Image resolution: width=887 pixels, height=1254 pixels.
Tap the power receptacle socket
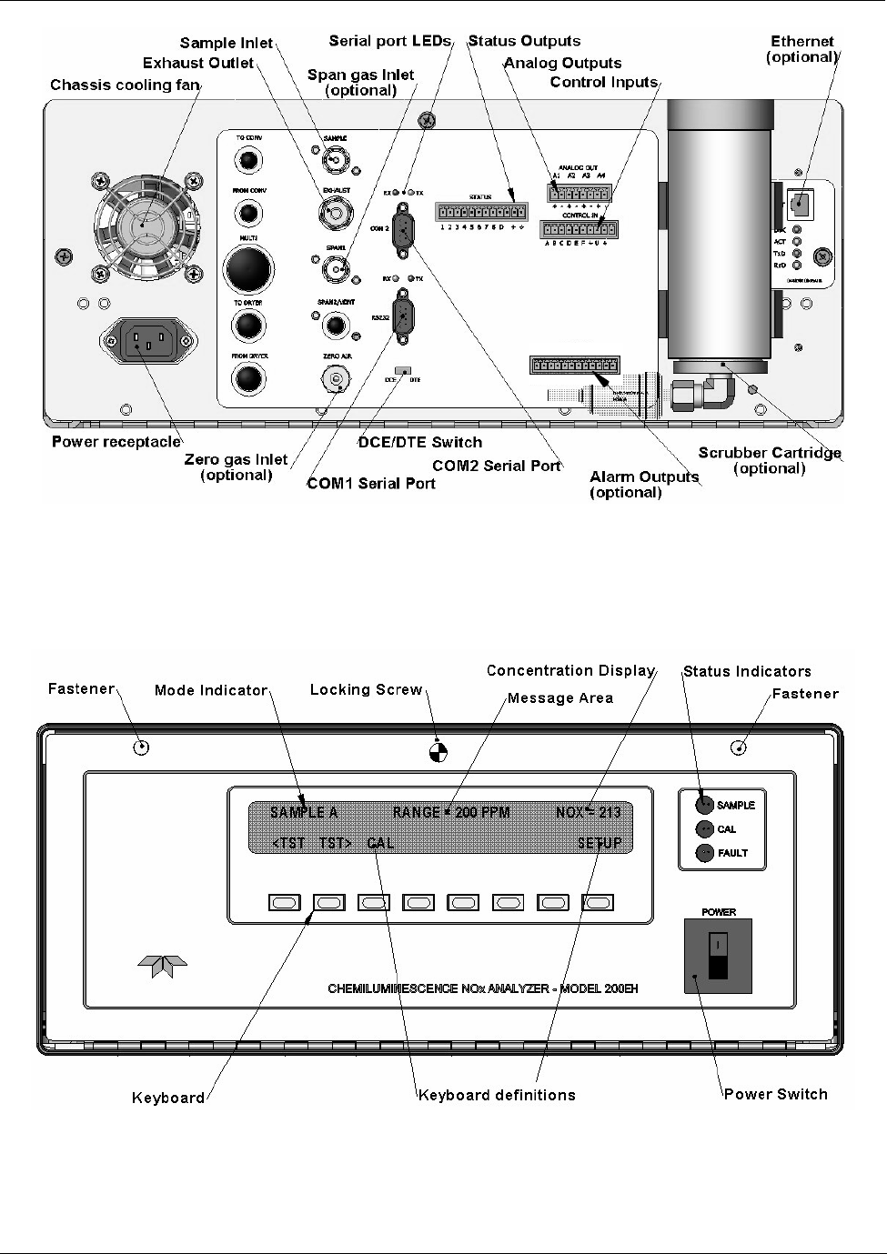(146, 343)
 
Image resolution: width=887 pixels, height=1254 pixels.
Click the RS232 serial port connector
(402, 315)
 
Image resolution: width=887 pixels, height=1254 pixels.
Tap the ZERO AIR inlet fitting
(338, 377)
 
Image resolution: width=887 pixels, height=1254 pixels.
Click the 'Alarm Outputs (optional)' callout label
(644, 485)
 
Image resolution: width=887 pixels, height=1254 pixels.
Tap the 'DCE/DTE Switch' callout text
(419, 442)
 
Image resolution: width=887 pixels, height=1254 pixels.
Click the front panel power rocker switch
(718, 954)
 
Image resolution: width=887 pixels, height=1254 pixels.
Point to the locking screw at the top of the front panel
(438, 751)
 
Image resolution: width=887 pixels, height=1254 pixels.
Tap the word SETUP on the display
(600, 843)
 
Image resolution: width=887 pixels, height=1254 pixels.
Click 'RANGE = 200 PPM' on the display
(451, 812)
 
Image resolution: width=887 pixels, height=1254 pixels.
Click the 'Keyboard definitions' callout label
(497, 1095)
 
